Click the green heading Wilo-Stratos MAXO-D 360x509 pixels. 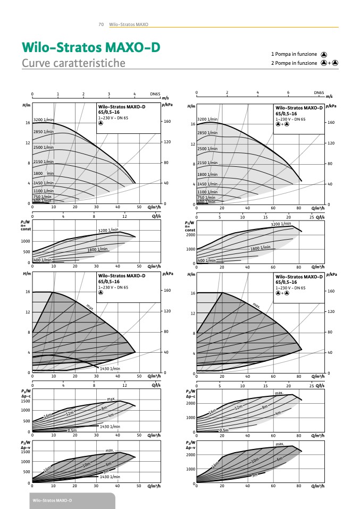90,47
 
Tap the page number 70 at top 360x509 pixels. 101,24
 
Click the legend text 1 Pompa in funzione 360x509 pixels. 294,54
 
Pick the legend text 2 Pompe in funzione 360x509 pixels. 294,63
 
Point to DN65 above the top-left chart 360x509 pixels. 155,94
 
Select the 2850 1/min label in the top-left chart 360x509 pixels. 44,131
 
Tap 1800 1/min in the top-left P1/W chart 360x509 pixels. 97,249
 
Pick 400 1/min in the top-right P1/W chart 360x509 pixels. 206,261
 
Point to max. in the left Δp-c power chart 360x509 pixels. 111,398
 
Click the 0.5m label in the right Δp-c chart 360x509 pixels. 224,430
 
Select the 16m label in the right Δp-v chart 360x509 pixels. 215,465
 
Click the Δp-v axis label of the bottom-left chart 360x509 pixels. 24,447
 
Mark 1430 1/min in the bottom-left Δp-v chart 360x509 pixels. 110,477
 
